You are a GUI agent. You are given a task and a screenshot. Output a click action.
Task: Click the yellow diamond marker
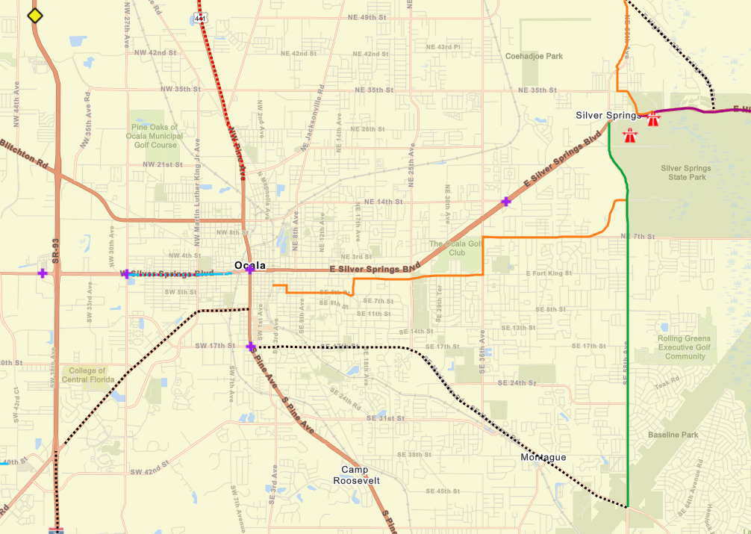tap(34, 16)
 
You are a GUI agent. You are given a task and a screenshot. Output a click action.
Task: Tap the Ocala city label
tap(249, 265)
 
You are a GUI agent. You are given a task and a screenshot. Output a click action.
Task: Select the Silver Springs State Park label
tap(685, 173)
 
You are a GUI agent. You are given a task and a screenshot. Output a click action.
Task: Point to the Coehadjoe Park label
tap(534, 56)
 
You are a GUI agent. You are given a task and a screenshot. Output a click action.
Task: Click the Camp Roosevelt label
tap(356, 475)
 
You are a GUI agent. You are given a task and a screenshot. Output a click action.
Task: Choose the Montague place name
tap(543, 457)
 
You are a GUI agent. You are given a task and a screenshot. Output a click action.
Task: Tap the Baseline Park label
tap(673, 435)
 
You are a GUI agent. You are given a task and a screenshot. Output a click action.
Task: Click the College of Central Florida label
tap(89, 375)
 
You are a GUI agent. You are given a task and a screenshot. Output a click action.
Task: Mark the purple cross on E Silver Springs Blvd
tap(506, 201)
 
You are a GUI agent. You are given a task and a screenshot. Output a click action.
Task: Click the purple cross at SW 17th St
tap(251, 347)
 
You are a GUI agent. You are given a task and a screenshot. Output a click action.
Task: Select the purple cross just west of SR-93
tap(43, 273)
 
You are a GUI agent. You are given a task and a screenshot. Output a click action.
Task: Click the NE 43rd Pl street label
tap(449, 46)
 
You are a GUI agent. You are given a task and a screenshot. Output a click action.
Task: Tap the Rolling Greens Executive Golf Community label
tap(685, 347)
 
